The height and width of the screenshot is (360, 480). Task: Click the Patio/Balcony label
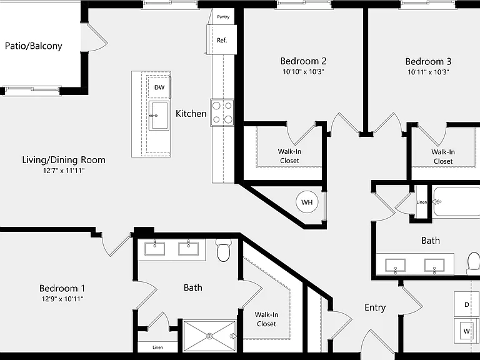pyautogui.click(x=34, y=46)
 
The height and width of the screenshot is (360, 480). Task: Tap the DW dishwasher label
pyautogui.click(x=159, y=87)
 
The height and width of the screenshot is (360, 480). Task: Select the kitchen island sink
pyautogui.click(x=159, y=116)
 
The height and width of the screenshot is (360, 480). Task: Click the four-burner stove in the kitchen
pyautogui.click(x=222, y=112)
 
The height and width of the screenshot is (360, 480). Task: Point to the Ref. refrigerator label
pyautogui.click(x=222, y=40)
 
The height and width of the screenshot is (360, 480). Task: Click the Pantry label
pyautogui.click(x=223, y=17)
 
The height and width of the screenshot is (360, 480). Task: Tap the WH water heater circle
pyautogui.click(x=307, y=202)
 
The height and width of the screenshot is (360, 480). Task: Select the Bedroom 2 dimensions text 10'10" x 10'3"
pyautogui.click(x=303, y=72)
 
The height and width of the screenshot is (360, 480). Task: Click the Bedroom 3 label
pyautogui.click(x=428, y=61)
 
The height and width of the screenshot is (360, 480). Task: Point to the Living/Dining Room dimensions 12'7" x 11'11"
pyautogui.click(x=64, y=171)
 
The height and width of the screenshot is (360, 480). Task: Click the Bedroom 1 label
pyautogui.click(x=62, y=288)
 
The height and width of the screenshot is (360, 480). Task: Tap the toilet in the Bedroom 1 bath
pyautogui.click(x=223, y=251)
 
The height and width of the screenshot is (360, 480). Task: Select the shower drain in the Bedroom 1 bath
pyautogui.click(x=210, y=336)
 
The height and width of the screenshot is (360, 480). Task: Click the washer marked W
pyautogui.click(x=466, y=331)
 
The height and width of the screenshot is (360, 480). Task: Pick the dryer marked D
pyautogui.click(x=466, y=304)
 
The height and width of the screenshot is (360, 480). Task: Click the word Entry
pyautogui.click(x=375, y=307)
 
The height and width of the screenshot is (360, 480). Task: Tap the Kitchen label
pyautogui.click(x=191, y=114)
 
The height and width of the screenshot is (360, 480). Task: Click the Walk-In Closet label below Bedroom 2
pyautogui.click(x=289, y=156)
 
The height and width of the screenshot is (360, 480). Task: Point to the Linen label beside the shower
pyautogui.click(x=157, y=347)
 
